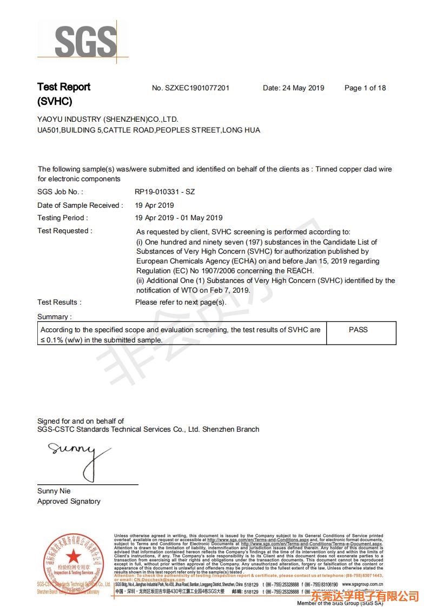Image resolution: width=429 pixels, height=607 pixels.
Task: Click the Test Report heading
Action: [64, 87]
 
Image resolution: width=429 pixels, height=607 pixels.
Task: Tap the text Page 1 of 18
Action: [365, 88]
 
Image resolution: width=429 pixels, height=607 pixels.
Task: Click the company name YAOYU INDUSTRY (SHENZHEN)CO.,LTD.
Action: [108, 119]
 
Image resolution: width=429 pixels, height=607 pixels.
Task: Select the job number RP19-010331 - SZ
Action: [164, 192]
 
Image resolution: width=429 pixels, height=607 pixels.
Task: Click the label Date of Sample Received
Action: [80, 205]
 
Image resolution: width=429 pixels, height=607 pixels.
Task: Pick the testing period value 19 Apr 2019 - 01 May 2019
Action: [179, 218]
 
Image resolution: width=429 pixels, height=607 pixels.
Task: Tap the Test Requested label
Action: [64, 231]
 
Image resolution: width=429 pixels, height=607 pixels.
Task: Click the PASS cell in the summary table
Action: [358, 329]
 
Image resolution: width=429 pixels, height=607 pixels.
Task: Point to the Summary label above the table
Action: [54, 316]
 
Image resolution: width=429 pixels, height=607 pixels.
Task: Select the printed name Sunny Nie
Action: [54, 491]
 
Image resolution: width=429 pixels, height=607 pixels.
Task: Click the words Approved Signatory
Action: [69, 502]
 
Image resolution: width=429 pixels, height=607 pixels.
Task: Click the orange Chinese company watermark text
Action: [373, 596]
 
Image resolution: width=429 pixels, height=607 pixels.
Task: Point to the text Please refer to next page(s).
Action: [181, 302]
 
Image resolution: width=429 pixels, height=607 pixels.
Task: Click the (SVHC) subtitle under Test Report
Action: [55, 101]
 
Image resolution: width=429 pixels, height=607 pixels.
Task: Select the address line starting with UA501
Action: [149, 130]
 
